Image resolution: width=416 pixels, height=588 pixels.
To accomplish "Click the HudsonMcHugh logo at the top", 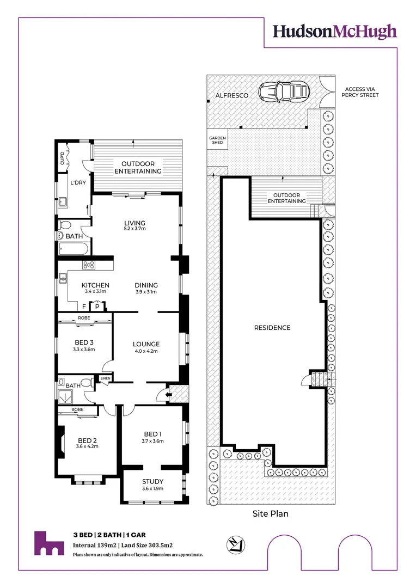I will tap(334, 32).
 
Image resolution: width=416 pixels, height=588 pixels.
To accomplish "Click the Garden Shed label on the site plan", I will tap(217, 141).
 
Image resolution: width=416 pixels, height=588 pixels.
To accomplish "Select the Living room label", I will tap(134, 223).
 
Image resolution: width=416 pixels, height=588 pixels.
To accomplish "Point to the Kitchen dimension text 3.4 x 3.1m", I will tap(95, 292).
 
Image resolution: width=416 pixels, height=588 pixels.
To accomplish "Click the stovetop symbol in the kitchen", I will tap(89, 265).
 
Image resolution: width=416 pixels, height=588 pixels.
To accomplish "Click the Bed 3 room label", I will tap(84, 342).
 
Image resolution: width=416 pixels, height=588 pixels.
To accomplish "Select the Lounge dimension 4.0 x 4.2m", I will tap(146, 351).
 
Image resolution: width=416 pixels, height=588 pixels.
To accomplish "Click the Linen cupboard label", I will tap(105, 378).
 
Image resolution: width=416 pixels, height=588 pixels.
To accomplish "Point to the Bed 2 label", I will tap(87, 440).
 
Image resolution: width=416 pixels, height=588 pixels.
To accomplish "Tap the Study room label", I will tap(152, 481).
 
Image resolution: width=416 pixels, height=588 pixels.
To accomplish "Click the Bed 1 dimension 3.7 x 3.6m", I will tap(152, 441).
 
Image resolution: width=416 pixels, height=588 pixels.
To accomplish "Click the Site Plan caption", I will tap(271, 513).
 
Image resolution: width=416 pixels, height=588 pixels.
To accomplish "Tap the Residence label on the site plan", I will tap(272, 328).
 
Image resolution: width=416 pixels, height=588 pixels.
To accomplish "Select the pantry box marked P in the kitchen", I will tap(97, 307).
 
